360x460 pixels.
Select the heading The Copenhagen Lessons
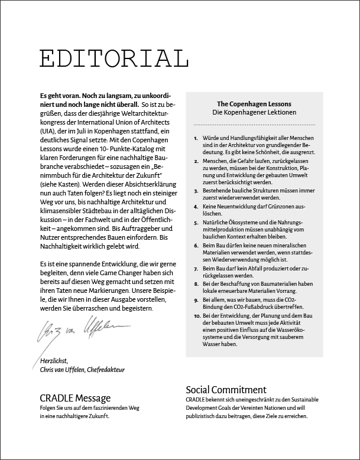click(x=254, y=103)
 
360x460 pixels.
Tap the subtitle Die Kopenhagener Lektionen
click(x=254, y=112)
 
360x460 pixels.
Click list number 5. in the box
click(x=196, y=222)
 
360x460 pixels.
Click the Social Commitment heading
click(x=226, y=390)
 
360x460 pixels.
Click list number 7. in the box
click(x=196, y=268)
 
